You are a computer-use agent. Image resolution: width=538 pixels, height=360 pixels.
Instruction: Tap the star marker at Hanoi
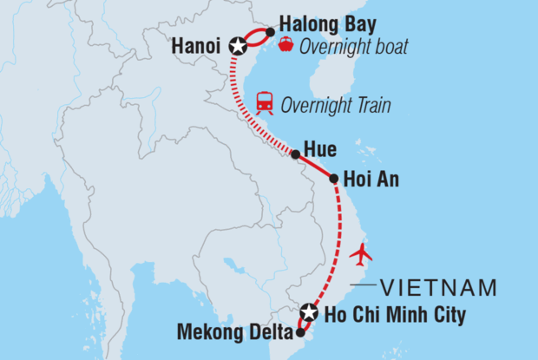point(236,43)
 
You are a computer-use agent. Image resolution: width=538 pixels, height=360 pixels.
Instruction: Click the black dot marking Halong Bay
point(270,32)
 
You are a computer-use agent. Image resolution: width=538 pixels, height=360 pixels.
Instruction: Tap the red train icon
point(264,105)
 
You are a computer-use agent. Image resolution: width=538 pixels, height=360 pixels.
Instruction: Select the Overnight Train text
point(335,106)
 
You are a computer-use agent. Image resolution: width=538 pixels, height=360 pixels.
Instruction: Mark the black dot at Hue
point(296,155)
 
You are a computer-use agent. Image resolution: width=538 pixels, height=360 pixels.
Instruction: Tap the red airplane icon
point(361,255)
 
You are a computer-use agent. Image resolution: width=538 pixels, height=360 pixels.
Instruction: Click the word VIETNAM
point(442,287)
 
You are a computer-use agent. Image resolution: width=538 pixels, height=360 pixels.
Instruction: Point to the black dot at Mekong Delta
point(300,331)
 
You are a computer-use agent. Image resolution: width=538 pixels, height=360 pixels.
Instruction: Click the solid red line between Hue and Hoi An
point(316,167)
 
